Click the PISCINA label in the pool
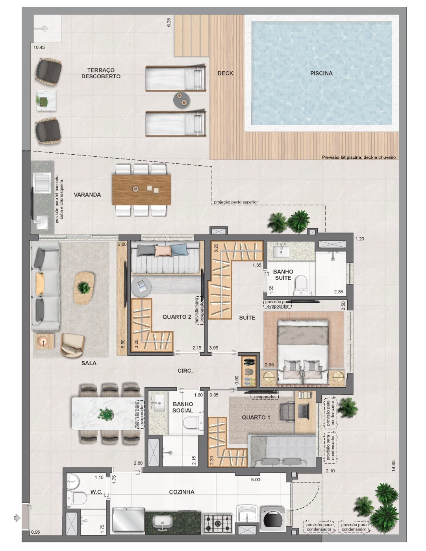(321, 73)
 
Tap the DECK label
(225, 73)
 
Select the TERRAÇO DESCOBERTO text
(101, 73)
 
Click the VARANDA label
(87, 195)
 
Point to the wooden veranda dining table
(142, 190)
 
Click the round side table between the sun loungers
(182, 100)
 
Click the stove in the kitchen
(218, 523)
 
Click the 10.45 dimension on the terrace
(39, 47)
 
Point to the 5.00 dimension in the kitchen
(256, 479)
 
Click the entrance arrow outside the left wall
(17, 518)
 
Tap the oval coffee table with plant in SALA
(84, 288)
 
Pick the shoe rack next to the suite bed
(248, 371)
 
